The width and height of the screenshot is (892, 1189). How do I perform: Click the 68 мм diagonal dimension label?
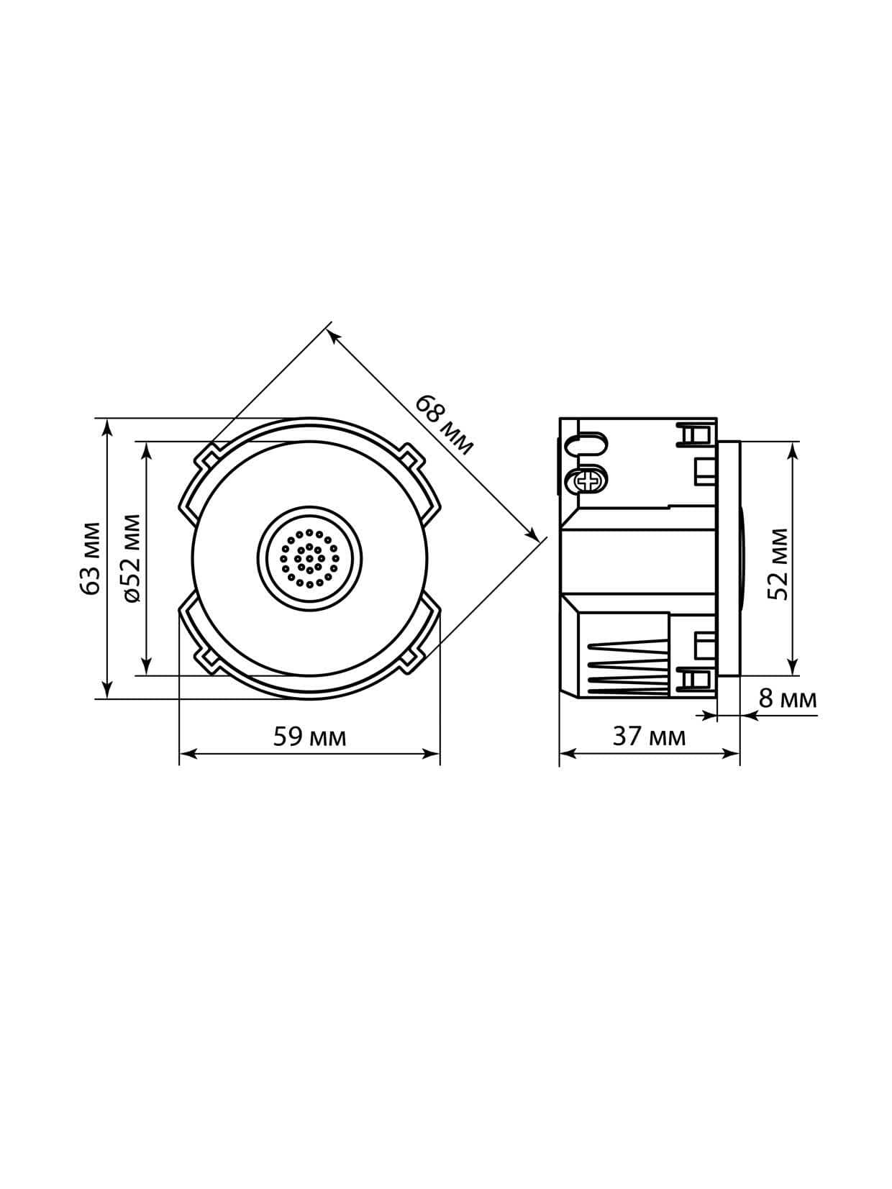tap(444, 426)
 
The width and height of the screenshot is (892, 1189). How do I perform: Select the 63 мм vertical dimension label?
tap(91, 558)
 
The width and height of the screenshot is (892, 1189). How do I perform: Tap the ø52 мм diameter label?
tap(131, 558)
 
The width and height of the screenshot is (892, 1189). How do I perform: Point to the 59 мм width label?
tap(309, 737)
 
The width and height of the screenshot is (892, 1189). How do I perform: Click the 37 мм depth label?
tap(649, 737)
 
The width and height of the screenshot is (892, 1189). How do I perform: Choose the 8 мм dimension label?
tap(788, 699)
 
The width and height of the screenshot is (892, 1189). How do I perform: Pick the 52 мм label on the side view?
tap(778, 563)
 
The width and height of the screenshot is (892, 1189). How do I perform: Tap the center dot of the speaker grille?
tap(309, 558)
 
